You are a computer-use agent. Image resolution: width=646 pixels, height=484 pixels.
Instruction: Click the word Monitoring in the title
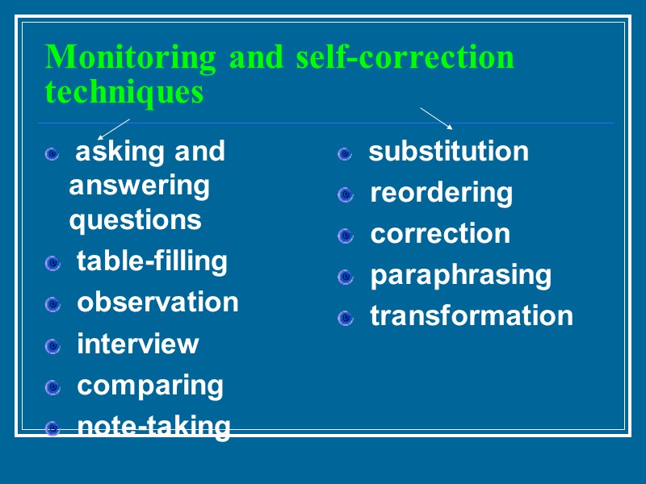point(131,58)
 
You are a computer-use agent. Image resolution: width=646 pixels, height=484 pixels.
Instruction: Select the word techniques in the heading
point(124,92)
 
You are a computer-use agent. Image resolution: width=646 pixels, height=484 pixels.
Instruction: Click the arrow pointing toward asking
point(113,128)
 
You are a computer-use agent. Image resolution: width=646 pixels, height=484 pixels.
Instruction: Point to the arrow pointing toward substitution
point(437,117)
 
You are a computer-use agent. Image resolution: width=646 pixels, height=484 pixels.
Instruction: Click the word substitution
point(449,151)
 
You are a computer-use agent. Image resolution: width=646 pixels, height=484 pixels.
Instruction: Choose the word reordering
point(441,193)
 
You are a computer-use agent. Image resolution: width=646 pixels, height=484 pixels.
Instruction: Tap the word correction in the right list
point(440,233)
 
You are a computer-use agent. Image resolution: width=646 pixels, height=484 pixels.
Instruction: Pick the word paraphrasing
point(460,275)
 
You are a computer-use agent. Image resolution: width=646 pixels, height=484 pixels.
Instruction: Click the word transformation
point(472,315)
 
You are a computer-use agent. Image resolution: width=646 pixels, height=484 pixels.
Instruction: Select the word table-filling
point(152,261)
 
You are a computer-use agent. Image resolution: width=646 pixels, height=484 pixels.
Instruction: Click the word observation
point(157,302)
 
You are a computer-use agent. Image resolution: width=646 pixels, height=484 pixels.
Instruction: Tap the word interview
point(137,344)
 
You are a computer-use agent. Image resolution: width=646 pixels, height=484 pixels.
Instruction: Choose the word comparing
point(150,385)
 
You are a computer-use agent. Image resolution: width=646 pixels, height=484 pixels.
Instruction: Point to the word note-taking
point(153,426)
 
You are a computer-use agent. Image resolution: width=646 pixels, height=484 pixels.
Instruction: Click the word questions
point(135,219)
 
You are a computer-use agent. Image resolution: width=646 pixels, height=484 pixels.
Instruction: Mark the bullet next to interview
point(53,346)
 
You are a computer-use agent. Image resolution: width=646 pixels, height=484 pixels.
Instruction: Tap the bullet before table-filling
point(53,263)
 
